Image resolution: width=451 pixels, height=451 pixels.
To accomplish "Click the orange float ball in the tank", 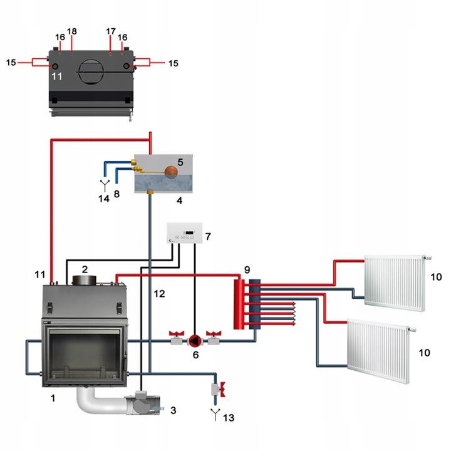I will point(170,170).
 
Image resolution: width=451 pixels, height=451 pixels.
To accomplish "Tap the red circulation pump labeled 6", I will point(194,340).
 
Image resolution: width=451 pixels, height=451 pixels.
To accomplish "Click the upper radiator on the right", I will point(394,283).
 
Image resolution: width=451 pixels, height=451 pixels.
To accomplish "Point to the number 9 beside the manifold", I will point(247,269).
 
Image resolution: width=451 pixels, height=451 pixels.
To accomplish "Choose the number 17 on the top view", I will point(110,31).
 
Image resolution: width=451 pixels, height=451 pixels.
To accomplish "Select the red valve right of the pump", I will point(215,331).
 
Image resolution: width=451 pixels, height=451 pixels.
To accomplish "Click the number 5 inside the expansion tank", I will point(180,162).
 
